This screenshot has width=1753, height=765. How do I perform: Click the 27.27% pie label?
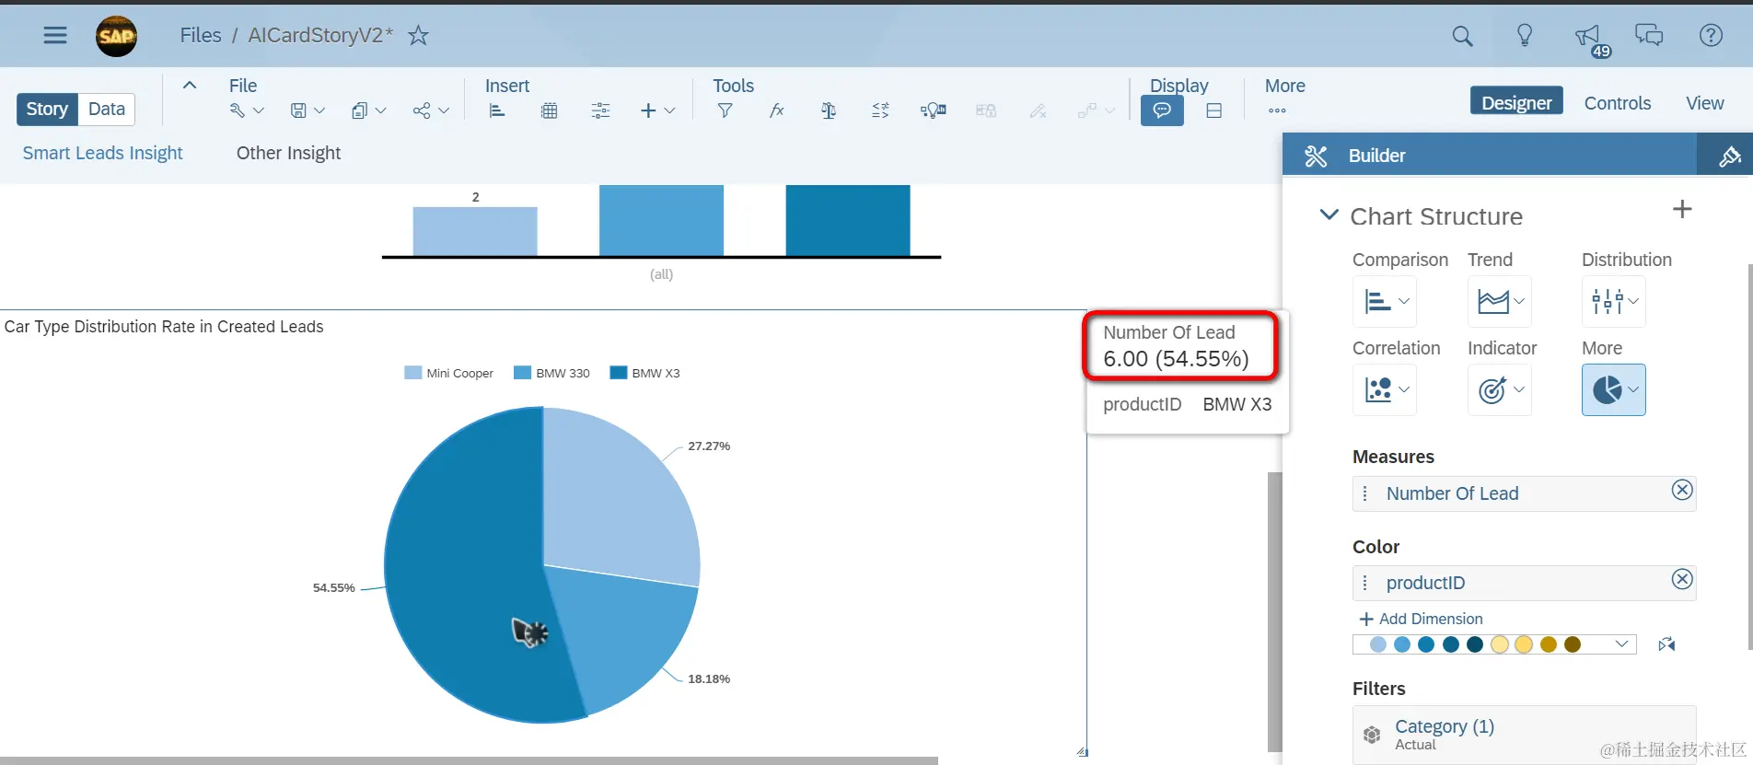click(708, 446)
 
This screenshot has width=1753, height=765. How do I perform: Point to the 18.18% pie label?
click(708, 679)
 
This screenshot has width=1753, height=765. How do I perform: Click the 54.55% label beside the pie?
click(333, 588)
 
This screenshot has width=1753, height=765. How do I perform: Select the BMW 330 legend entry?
click(551, 374)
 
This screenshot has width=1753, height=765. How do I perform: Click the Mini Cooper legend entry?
click(449, 374)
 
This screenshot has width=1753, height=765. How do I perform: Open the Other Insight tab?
click(288, 154)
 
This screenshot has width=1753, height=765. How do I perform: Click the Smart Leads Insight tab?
click(102, 154)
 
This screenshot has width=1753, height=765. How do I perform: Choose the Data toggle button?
click(107, 110)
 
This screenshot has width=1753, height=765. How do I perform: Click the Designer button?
click(1516, 103)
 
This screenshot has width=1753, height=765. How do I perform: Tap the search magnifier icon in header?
click(1462, 36)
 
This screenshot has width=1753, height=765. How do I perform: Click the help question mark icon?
click(1711, 36)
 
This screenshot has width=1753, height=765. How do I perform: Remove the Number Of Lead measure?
click(1682, 491)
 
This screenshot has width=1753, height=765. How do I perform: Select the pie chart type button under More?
click(1613, 390)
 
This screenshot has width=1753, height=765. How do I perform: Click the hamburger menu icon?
click(55, 36)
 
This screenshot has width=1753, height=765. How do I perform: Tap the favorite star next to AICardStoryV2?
click(419, 36)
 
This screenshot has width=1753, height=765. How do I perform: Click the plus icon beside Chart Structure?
click(1682, 210)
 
